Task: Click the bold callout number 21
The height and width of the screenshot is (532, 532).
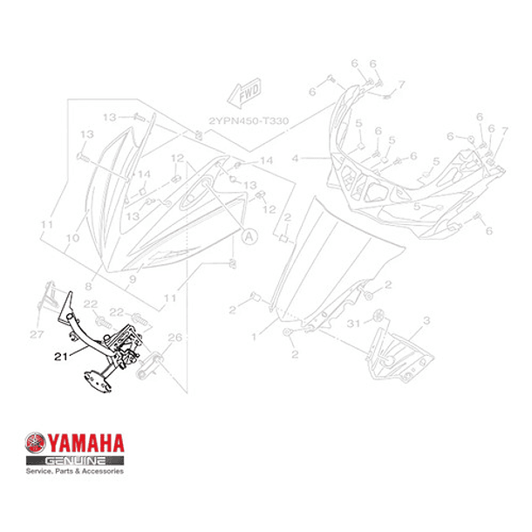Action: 60,357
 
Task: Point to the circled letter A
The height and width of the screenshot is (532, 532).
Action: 249,235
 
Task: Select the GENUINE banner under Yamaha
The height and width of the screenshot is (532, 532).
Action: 77,459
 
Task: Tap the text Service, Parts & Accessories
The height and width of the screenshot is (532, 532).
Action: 74,471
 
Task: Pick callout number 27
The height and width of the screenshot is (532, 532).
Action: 36,334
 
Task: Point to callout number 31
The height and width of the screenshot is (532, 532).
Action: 352,324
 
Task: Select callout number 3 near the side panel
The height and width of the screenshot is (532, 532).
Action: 426,321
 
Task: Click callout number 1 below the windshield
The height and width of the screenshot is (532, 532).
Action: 253,336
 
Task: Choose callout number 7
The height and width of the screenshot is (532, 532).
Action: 402,84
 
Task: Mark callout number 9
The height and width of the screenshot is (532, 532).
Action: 133,280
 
